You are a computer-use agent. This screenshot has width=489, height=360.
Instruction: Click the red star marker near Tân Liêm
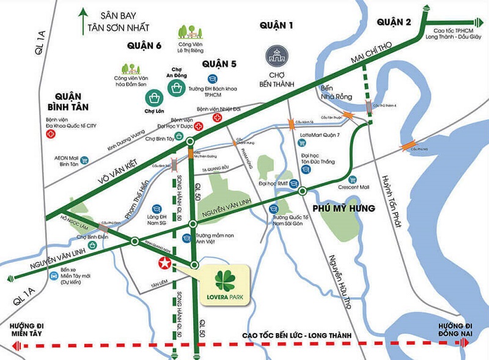coord(164,264)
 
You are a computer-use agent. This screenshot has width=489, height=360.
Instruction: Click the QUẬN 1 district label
coord(277,26)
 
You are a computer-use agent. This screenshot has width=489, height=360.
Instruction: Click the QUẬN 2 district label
coord(395,22)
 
